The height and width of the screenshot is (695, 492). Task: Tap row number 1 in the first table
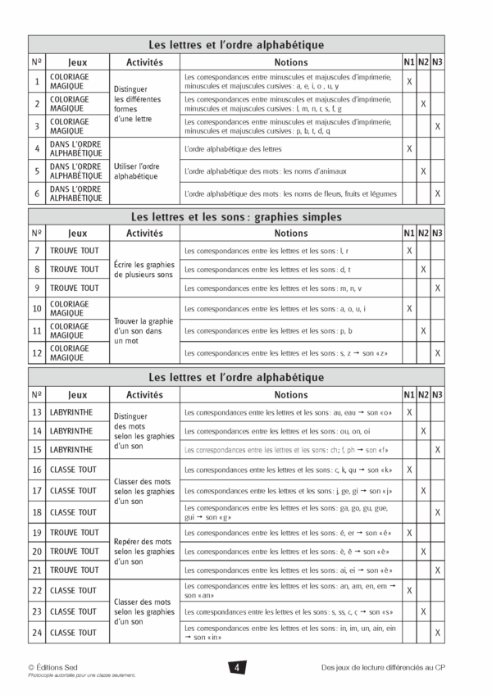tap(37, 81)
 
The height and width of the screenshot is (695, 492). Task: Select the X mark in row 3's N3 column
tap(438, 126)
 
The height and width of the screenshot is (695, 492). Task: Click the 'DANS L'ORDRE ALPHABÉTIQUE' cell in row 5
tap(75, 171)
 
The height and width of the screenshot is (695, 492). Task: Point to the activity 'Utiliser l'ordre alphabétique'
tap(137, 170)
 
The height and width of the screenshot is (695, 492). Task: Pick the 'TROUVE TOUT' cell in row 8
tap(75, 269)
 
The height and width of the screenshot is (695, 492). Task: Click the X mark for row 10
tap(408, 308)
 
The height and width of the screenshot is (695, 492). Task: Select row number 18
tap(37, 511)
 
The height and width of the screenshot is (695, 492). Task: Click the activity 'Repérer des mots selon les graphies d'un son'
tap(143, 552)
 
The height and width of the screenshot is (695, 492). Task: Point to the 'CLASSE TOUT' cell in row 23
tap(75, 611)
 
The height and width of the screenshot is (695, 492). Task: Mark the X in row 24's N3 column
tap(438, 633)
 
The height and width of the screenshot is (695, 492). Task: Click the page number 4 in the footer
tap(236, 668)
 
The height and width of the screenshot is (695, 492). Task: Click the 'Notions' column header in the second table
tap(291, 233)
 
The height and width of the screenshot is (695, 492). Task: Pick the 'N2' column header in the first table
tap(423, 61)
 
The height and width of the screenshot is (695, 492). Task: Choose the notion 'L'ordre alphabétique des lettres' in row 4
tap(233, 148)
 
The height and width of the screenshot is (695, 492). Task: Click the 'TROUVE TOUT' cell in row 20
tap(75, 552)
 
